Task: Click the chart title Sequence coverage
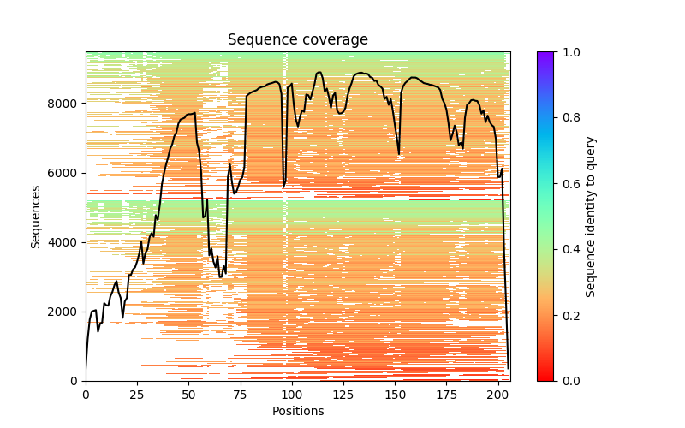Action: tap(297, 39)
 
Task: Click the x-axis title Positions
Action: tap(297, 411)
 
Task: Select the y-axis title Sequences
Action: tap(36, 216)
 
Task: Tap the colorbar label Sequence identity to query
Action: tap(591, 216)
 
